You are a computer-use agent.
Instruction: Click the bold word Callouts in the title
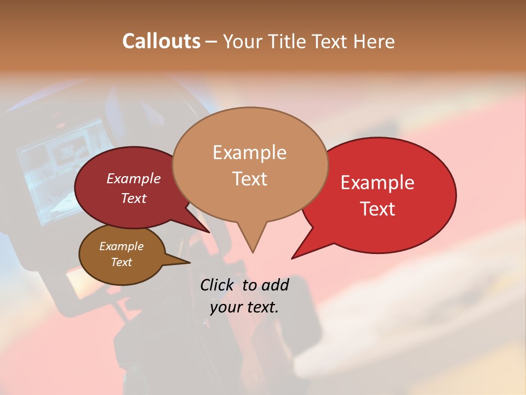161,41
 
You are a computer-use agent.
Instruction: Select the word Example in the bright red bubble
378,183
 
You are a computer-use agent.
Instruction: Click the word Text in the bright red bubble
378,209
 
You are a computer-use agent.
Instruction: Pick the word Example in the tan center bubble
249,153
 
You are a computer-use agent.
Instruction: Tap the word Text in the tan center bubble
249,179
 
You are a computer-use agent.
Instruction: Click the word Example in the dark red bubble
133,178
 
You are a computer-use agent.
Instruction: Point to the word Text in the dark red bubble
133,198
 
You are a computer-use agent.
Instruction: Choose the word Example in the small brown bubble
121,246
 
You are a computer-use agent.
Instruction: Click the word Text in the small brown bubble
121,262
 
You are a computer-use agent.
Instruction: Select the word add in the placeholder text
275,285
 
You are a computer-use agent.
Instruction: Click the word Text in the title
335,42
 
